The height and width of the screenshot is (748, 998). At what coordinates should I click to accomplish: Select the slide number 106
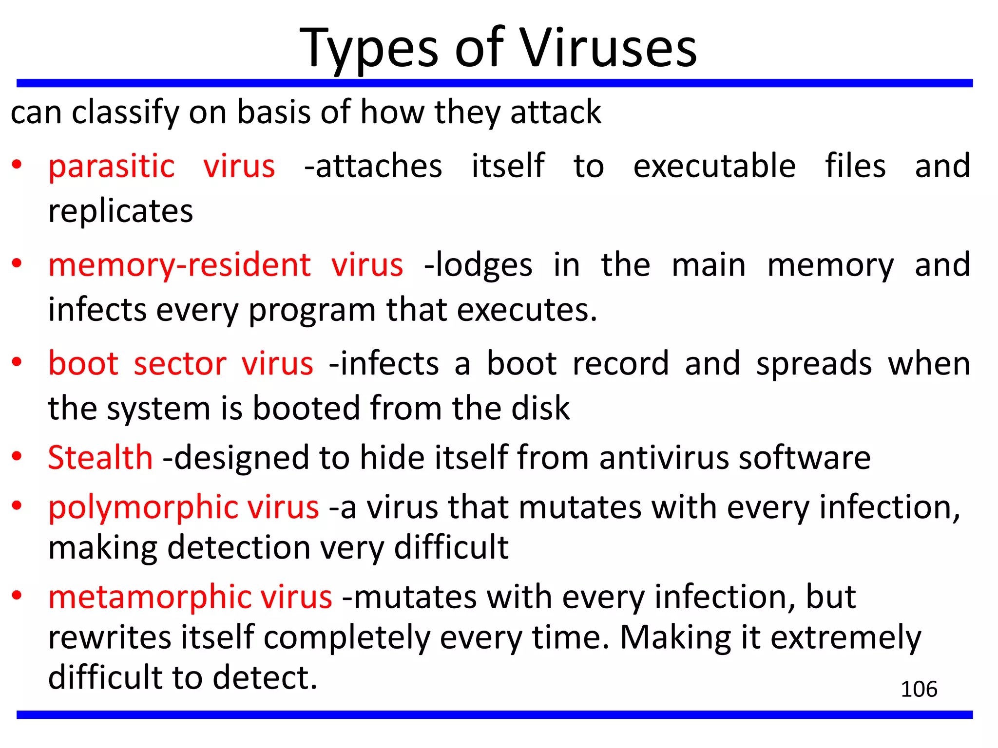coord(919,689)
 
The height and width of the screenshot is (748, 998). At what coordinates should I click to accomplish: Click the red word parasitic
coord(112,167)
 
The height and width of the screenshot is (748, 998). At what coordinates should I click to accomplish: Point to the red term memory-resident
coord(179,265)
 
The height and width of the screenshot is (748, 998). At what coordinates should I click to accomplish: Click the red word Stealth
coord(100,458)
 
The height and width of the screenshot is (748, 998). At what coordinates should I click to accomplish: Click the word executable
coord(714,167)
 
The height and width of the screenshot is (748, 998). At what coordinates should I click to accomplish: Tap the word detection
coord(239,548)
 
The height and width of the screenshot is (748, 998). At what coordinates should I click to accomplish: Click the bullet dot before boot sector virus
coord(17,362)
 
